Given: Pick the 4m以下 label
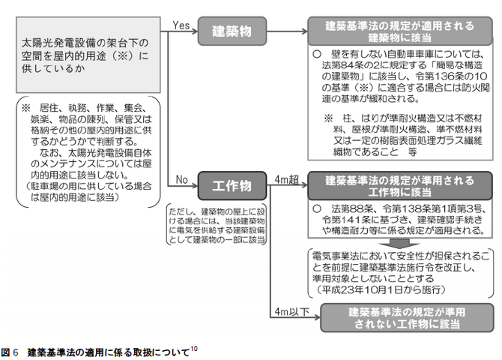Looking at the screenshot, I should (289, 310).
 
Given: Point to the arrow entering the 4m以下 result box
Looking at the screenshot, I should (313, 318).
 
